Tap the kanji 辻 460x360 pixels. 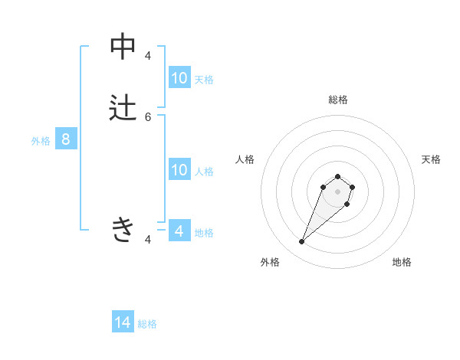point(123,108)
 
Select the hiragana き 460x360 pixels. point(123,229)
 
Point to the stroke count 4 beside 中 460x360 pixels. point(148,55)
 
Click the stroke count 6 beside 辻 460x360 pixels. point(148,116)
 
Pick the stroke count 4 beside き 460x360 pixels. point(148,240)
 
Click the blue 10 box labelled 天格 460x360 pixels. point(179,78)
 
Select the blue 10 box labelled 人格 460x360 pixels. point(179,170)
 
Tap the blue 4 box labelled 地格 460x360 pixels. point(179,231)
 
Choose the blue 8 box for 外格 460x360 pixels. point(66,139)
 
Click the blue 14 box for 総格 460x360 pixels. point(123,322)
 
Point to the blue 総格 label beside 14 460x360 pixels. point(147,324)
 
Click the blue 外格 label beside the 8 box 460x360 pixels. point(40,141)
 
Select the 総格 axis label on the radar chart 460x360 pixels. point(337,100)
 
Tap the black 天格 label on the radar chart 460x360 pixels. point(431,159)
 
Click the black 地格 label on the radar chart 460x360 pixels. point(402,262)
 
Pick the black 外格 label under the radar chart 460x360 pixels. point(270,262)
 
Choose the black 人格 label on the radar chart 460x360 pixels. point(245,159)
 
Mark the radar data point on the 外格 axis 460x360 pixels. point(302,242)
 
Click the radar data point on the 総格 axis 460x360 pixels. point(337,174)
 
